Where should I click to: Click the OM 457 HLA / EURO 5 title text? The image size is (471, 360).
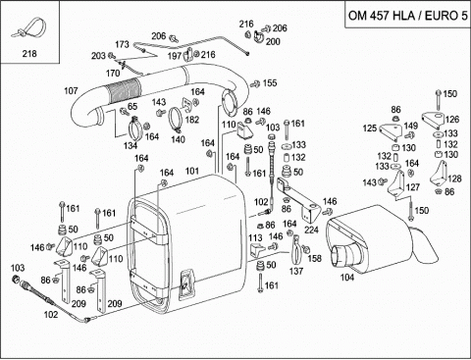click(408, 16)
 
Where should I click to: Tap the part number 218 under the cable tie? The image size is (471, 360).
click(29, 54)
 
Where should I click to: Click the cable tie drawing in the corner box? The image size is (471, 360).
click(28, 28)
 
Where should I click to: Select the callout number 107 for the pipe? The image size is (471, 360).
click(71, 90)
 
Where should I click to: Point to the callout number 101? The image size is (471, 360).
click(192, 171)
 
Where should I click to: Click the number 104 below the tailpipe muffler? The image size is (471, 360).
click(347, 278)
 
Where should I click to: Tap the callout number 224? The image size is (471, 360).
click(311, 230)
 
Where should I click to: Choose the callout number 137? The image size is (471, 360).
click(296, 271)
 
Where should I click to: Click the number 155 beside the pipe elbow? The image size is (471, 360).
click(270, 83)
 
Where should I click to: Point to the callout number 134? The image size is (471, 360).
click(131, 145)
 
